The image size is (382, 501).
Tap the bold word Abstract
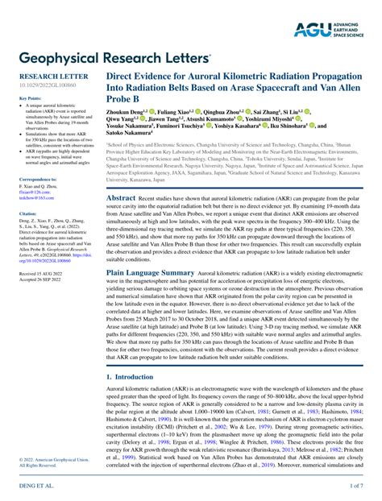[121, 197]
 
